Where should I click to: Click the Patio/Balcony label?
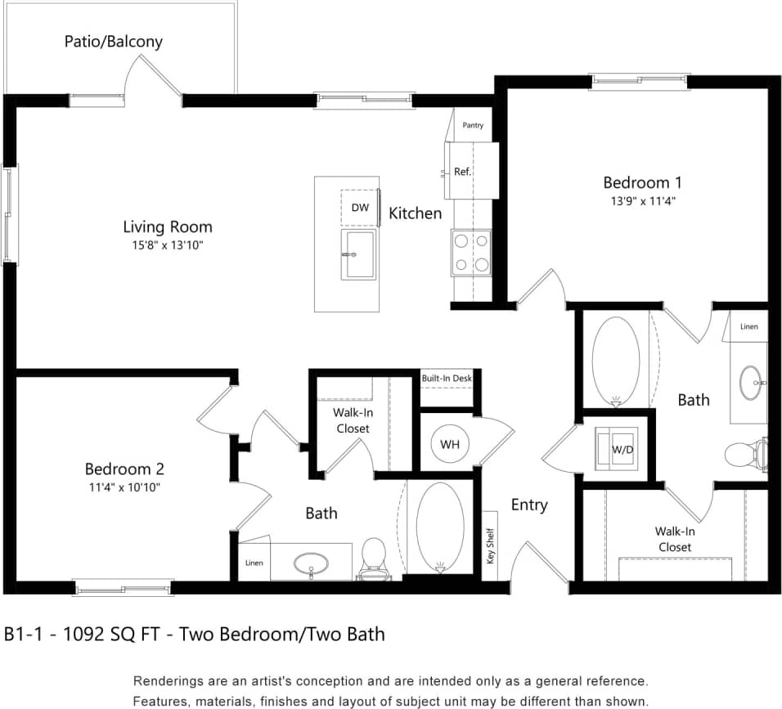114,41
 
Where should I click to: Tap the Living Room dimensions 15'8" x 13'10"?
168,245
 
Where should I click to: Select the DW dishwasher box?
360,208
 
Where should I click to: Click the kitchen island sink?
358,254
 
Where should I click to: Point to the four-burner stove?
471,253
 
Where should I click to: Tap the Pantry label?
473,125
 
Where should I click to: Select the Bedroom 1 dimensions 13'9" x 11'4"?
642,200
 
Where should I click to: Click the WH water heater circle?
449,444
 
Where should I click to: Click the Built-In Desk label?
447,379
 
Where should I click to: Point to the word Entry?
529,505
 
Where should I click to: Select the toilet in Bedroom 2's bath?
374,558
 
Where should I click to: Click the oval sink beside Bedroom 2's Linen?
311,563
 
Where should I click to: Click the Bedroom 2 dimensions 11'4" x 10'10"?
124,487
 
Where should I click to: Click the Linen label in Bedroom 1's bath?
748,326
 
